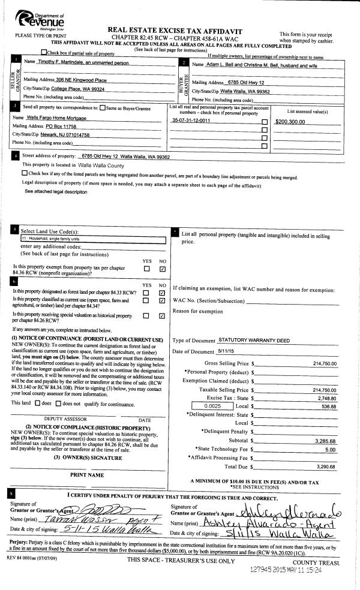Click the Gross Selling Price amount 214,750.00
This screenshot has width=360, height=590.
click(325, 363)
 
